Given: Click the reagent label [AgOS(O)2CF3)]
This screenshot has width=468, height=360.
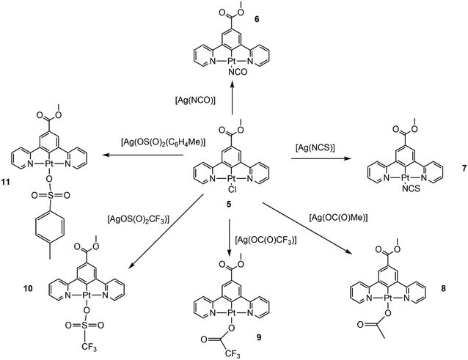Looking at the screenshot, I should click(x=139, y=219).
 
